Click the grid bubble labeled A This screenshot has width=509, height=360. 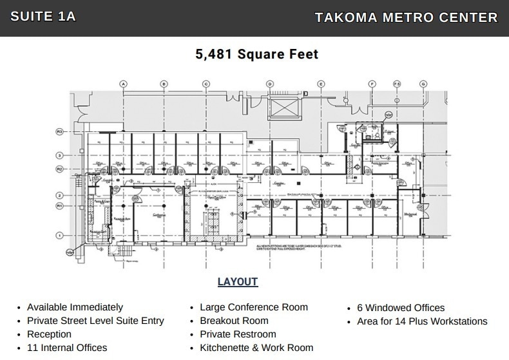tap(123, 84)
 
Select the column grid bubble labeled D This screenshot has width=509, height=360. tap(270, 84)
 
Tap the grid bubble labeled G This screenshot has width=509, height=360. tap(423, 84)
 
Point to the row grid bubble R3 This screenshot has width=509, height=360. tap(59, 131)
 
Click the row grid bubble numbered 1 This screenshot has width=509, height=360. tap(59, 235)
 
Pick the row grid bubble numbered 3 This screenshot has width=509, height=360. tap(59, 155)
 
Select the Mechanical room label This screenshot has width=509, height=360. tap(410, 214)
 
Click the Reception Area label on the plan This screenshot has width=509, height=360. tap(122, 220)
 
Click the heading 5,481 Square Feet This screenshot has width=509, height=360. tap(256, 54)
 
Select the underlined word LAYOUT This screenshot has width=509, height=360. tap(237, 281)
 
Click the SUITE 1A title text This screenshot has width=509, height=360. tap(43, 17)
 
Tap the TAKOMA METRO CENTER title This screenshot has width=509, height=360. tap(406, 17)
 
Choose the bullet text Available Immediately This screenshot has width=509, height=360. tap(75, 307)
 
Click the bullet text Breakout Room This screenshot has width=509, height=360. tap(234, 321)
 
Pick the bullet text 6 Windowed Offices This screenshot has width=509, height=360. tap(401, 307)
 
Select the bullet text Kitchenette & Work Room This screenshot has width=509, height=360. tap(256, 348)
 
